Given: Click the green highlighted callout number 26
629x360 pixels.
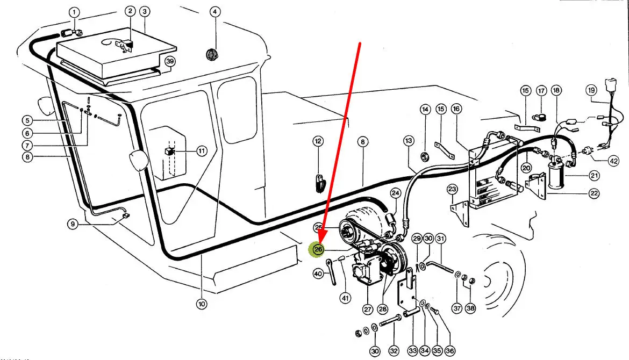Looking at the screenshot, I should [x=318, y=249].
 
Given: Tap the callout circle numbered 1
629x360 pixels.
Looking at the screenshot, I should [x=74, y=12].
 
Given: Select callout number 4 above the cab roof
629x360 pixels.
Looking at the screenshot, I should [x=215, y=12].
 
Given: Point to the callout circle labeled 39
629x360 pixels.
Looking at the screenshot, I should [x=170, y=61].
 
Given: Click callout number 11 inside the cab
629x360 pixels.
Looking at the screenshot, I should [x=201, y=152].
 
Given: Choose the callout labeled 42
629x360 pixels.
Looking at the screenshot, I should [x=613, y=161].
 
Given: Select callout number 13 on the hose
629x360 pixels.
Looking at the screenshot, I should [x=409, y=141].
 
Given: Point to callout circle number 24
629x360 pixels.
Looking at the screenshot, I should [x=396, y=192].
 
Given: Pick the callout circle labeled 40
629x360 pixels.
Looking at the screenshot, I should [x=318, y=275].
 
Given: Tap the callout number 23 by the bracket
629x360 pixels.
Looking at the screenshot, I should [x=452, y=189].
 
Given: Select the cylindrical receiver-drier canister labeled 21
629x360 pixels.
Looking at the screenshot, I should [x=555, y=174].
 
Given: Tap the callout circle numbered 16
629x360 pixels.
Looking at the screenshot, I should [x=456, y=109].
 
